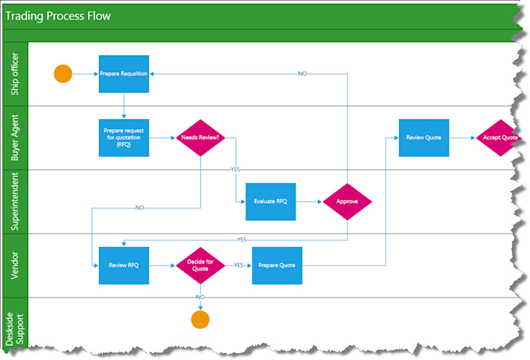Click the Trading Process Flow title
tap(58, 16)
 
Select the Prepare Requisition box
tap(123, 74)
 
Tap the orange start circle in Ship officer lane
tap(63, 74)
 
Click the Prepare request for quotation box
tap(123, 138)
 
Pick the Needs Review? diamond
tap(200, 138)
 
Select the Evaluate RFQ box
tap(270, 201)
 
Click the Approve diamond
tap(347, 201)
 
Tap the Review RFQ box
tap(123, 266)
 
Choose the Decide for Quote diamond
tap(200, 266)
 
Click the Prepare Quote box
tap(277, 266)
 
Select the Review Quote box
tap(423, 138)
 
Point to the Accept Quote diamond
tap(500, 138)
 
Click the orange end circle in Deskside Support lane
tap(200, 319)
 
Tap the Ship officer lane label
tap(16, 74)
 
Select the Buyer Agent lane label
tap(16, 138)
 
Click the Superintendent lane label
tap(16, 201)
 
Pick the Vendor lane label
tap(16, 266)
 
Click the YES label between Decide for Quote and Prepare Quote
tap(238, 265)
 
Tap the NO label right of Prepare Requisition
tap(302, 73)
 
